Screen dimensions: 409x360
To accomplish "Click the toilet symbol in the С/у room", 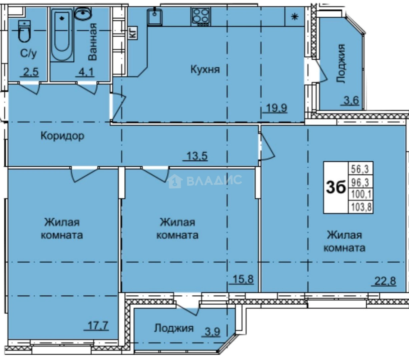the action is point(25,31).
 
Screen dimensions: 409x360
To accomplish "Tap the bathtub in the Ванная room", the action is point(62,35).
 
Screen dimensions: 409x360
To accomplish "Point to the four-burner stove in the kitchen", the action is point(200,17).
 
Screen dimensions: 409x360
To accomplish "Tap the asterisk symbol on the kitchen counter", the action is point(295,17).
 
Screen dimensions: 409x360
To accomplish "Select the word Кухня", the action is point(205,70).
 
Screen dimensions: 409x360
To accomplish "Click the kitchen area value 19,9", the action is point(276,108).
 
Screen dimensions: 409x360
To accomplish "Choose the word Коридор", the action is point(62,136).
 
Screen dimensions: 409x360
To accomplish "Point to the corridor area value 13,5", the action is point(197,156).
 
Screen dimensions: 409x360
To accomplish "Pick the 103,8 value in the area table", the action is point(361,207).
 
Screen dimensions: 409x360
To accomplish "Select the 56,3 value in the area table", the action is point(361,169).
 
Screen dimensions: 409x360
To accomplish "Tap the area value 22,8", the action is point(385,281).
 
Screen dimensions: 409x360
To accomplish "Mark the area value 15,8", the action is point(243,279).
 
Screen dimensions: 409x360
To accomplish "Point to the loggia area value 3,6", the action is point(352,100).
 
